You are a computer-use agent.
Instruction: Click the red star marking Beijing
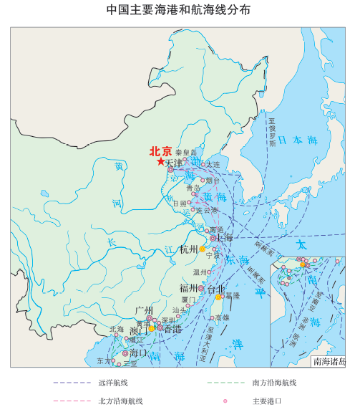(x=160, y=163)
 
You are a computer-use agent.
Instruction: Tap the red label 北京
(x=160, y=151)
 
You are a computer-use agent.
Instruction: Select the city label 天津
(x=173, y=163)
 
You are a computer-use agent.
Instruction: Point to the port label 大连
(x=213, y=164)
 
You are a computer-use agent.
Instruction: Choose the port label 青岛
(x=193, y=187)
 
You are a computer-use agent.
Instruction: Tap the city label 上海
(x=224, y=237)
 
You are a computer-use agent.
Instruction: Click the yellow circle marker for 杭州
(x=203, y=249)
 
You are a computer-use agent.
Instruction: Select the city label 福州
(x=189, y=288)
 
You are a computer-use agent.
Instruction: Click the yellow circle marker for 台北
(x=218, y=297)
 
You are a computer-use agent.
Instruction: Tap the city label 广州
(x=143, y=310)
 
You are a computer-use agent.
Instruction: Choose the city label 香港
(x=172, y=329)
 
